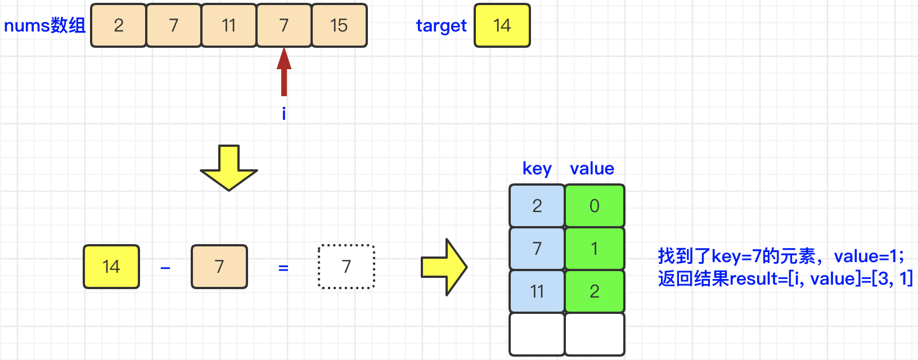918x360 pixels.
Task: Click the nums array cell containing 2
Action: (x=118, y=25)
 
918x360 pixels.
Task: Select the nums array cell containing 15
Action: (x=339, y=25)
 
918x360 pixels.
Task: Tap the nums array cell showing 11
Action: (x=229, y=25)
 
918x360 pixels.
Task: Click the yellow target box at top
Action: (x=502, y=25)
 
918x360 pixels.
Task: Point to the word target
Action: (x=441, y=25)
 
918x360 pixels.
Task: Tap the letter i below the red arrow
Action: (x=284, y=114)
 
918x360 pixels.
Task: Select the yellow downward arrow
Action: (x=229, y=168)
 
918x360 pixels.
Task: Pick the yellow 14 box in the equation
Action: (x=111, y=267)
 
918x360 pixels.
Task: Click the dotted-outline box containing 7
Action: (x=346, y=267)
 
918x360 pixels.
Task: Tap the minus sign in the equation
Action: (x=165, y=268)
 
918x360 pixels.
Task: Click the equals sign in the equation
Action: (x=283, y=268)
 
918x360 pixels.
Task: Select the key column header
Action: (x=537, y=168)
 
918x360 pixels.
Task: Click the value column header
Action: (x=592, y=168)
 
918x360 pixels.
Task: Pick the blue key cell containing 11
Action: (x=537, y=291)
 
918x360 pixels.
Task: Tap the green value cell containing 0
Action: (x=595, y=206)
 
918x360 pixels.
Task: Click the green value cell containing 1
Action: (x=595, y=249)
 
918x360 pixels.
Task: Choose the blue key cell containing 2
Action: (x=537, y=206)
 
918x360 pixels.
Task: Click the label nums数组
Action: (x=45, y=25)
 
